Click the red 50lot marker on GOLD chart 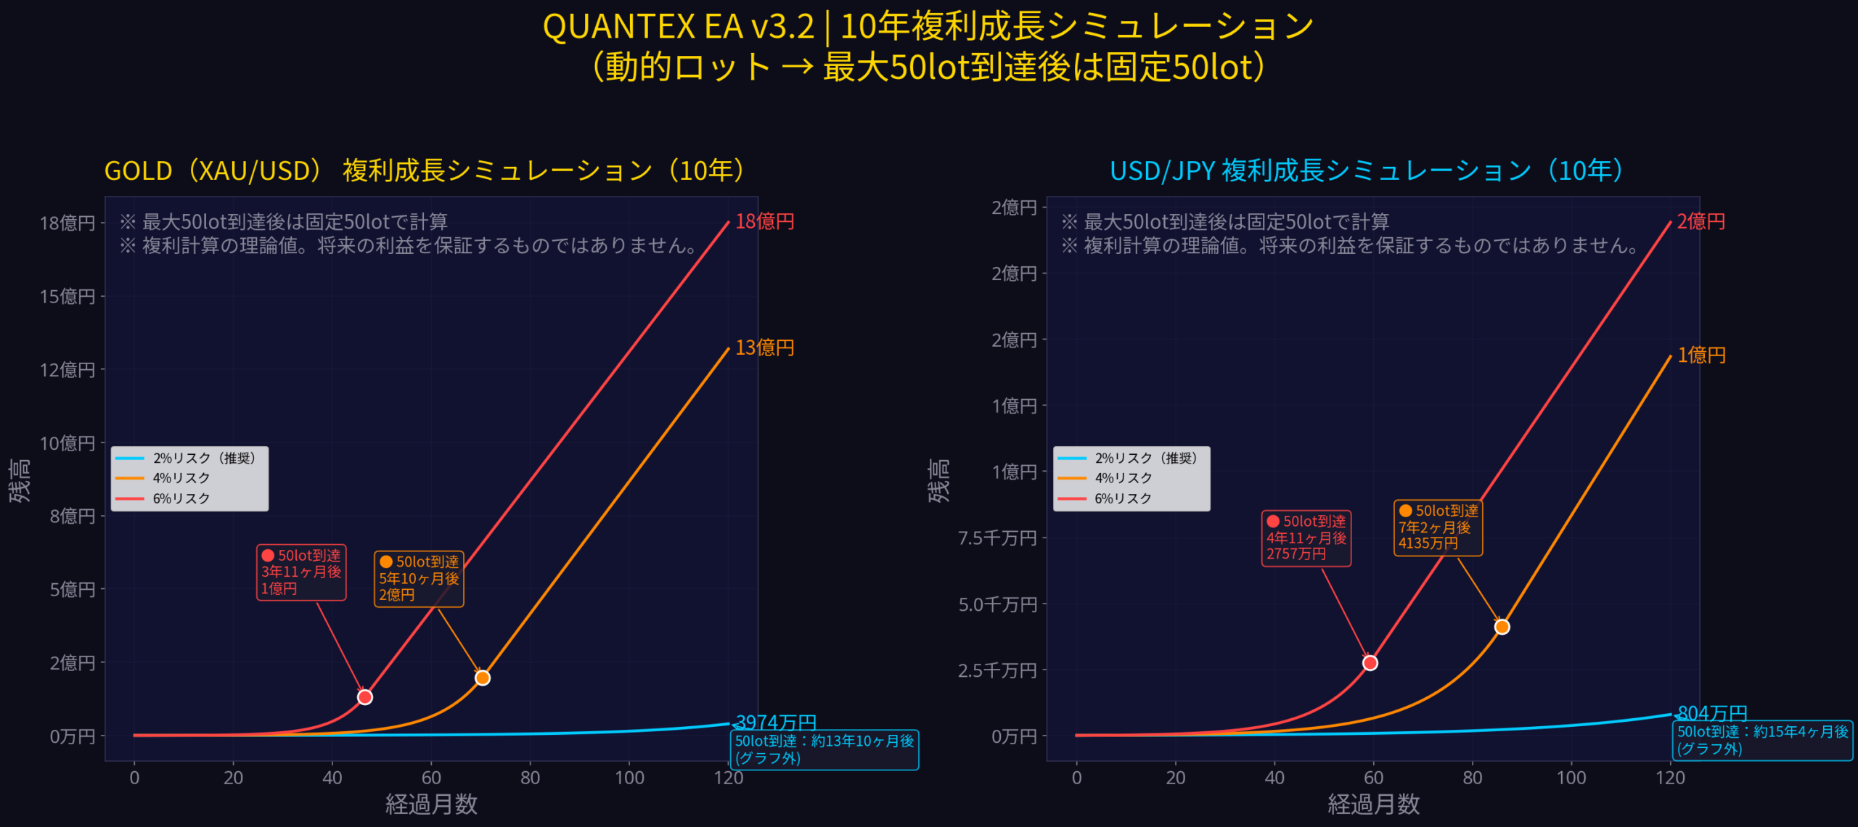tap(365, 697)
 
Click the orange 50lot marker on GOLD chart tap(483, 678)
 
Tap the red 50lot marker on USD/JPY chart tap(1370, 662)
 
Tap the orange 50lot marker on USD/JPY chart tap(1502, 627)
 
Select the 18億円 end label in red tap(764, 221)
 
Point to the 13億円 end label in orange tap(764, 347)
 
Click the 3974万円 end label tap(776, 722)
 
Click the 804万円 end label tap(1712, 712)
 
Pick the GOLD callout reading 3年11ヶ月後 tap(301, 572)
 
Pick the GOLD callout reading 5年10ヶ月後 tap(419, 578)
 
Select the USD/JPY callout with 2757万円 tap(1306, 538)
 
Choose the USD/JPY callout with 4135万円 tap(1438, 527)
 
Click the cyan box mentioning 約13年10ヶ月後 tap(824, 749)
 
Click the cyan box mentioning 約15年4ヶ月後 tap(1762, 740)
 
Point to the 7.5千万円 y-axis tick tap(997, 538)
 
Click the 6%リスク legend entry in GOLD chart tap(181, 498)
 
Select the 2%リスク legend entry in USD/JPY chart tap(1145, 458)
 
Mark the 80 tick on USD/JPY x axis tap(1473, 778)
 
